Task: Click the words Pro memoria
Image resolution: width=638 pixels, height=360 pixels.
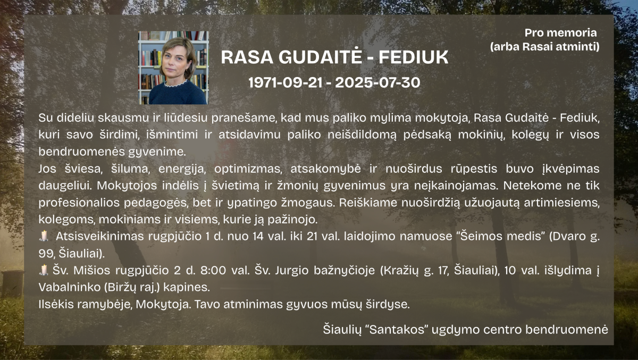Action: click(x=560, y=33)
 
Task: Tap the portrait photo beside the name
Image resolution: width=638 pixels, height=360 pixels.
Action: click(x=173, y=68)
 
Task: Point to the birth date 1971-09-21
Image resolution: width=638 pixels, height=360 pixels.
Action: click(x=286, y=82)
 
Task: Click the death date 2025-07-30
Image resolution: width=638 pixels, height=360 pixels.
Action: click(x=377, y=82)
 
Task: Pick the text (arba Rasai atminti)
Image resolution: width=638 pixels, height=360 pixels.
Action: click(x=544, y=46)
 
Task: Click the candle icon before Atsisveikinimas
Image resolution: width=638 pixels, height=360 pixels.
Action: click(x=44, y=236)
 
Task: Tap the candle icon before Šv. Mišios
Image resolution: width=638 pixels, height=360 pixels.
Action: click(x=44, y=270)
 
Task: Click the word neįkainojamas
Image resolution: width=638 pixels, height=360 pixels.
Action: click(x=456, y=186)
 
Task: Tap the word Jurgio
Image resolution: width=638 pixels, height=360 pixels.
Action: click(x=292, y=271)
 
